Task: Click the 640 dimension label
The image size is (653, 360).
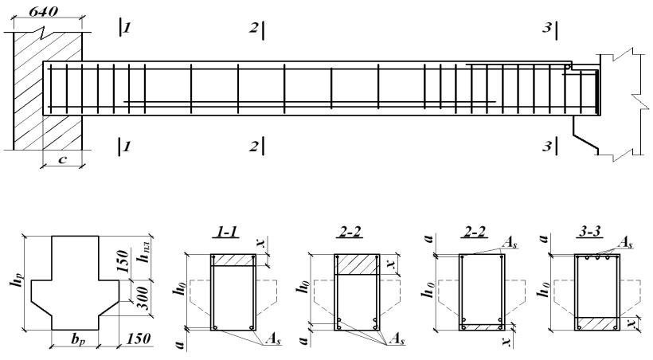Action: point(43,11)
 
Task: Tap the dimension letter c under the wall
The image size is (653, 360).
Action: point(62,159)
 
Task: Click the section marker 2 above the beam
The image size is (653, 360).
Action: point(253,28)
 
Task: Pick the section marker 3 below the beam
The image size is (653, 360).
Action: point(547,147)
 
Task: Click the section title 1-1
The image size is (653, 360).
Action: point(225,232)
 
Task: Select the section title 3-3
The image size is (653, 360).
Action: point(591,232)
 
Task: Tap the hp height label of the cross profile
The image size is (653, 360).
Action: point(14,284)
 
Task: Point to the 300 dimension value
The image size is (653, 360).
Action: point(143,298)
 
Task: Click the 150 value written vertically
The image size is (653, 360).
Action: point(122,260)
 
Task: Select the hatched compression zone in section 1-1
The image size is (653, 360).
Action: point(233,260)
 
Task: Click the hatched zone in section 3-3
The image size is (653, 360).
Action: point(597,323)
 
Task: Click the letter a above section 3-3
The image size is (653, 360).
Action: point(543,238)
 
